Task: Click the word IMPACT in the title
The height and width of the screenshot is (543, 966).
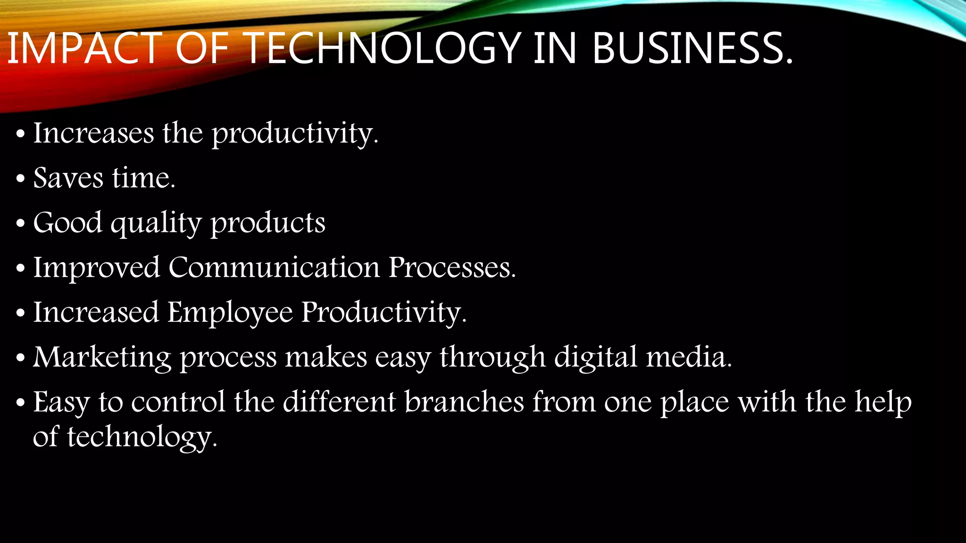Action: click(85, 48)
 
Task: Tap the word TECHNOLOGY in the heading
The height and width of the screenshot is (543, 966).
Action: click(383, 48)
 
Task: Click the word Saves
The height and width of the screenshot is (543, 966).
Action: click(68, 178)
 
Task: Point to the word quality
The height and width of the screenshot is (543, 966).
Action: click(156, 223)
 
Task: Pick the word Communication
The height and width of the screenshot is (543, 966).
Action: click(274, 267)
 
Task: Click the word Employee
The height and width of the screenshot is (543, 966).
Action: click(230, 313)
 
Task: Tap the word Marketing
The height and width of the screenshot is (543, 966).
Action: click(102, 357)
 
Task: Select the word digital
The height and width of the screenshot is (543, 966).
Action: click(596, 357)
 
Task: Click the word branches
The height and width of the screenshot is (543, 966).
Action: click(464, 402)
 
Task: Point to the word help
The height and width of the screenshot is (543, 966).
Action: click(883, 402)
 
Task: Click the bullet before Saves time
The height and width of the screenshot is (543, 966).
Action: click(20, 179)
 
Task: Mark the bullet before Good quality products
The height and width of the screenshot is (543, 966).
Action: click(20, 224)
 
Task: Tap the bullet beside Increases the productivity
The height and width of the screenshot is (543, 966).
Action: click(20, 134)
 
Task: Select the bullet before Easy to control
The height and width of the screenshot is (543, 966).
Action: click(20, 403)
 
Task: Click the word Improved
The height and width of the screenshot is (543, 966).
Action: click(97, 267)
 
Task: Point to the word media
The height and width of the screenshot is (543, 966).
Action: click(689, 357)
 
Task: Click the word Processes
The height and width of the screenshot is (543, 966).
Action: click(452, 267)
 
